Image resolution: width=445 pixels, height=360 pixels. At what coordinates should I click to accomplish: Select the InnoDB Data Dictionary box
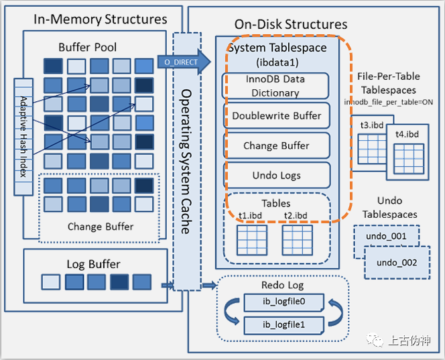tap(275, 86)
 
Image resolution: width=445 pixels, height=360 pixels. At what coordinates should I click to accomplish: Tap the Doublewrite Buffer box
tap(276, 116)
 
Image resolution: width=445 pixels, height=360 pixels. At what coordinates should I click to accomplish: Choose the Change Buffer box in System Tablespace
tap(276, 145)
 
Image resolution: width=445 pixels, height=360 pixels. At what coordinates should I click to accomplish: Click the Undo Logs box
tap(276, 175)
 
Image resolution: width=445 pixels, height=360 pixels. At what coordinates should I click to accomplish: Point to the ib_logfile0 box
tap(283, 302)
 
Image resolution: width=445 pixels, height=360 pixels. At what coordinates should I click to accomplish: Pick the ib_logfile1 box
tap(283, 324)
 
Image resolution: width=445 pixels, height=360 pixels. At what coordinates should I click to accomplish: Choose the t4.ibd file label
tap(406, 133)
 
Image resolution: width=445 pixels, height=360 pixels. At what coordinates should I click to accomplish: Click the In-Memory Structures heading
tap(101, 19)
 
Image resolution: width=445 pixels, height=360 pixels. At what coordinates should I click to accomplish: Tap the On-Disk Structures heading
tap(291, 25)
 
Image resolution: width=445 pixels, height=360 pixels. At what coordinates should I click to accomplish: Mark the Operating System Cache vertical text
tap(187, 161)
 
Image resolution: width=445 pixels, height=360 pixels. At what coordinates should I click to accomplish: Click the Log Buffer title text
tap(93, 263)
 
